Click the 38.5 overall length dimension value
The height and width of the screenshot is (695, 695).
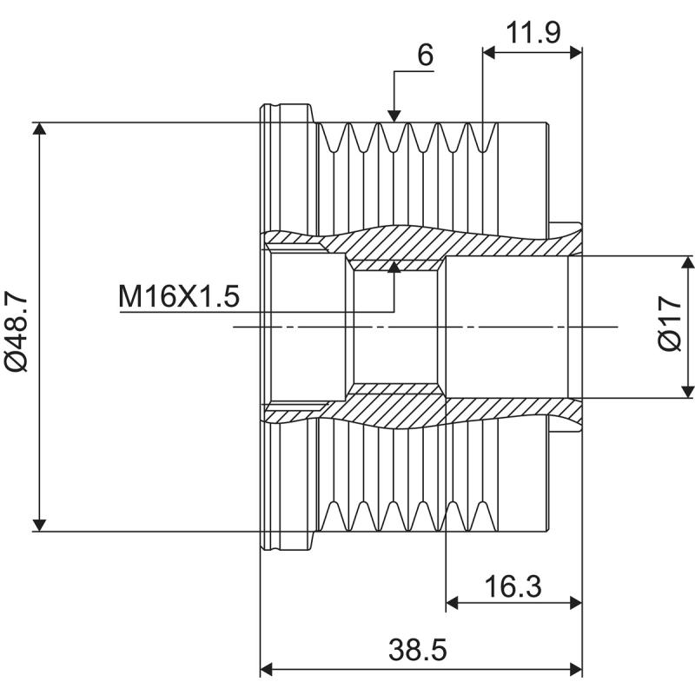pos(420,648)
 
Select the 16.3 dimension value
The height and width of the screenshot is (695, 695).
pos(513,586)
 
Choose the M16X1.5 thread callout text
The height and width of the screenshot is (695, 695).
pos(178,297)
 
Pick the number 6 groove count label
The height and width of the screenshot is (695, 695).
pos(424,55)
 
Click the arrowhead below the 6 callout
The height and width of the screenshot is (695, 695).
pos(394,115)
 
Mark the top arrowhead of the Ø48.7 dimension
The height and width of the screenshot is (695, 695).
pos(39,129)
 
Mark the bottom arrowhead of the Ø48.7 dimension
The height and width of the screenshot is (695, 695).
pos(39,524)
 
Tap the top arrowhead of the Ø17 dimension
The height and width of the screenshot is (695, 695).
pos(688,262)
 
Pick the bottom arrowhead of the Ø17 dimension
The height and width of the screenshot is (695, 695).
pos(688,392)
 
